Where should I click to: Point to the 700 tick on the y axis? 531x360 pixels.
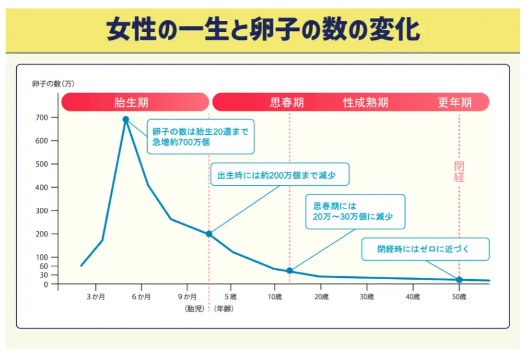tap(43, 117)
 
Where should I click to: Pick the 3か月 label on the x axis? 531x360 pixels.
tap(95, 297)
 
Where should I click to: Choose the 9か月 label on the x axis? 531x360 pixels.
tap(187, 297)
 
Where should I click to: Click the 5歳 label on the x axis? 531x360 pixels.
tap(229, 297)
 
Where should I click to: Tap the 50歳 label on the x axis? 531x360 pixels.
tap(459, 297)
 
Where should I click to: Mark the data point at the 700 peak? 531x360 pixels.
tap(126, 119)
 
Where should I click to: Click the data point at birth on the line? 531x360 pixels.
tap(209, 234)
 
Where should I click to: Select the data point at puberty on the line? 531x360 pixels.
tap(290, 271)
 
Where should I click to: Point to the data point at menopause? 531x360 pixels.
tap(459, 280)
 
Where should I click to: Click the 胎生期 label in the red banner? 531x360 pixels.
tap(131, 103)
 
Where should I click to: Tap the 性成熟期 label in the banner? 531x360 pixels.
tap(365, 103)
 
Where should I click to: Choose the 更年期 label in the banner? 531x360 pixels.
tap(455, 103)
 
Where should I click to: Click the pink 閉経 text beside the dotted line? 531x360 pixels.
tap(459, 172)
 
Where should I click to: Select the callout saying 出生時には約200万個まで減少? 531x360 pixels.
tap(280, 175)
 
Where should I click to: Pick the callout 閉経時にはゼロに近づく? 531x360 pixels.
tap(425, 249)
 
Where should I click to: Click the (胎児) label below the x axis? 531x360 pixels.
tap(193, 308)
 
